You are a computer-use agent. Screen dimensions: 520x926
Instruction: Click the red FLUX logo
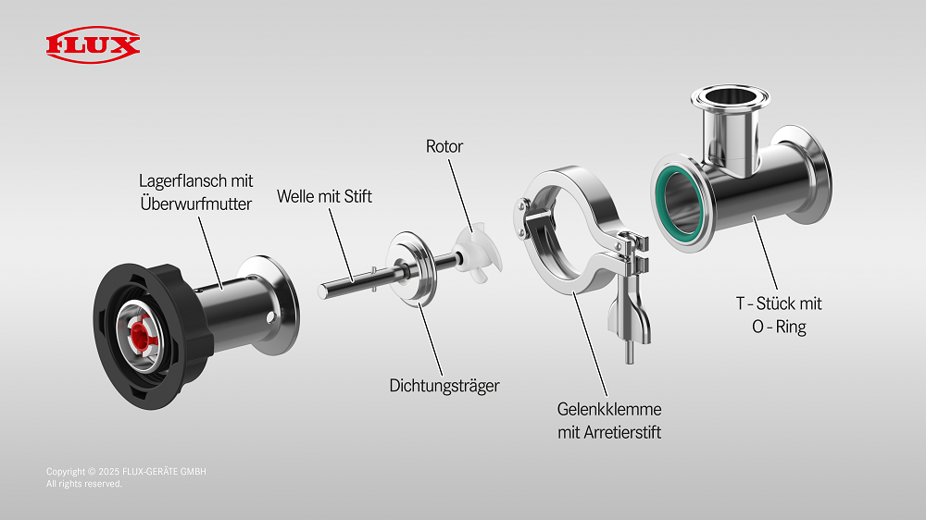pos(93,44)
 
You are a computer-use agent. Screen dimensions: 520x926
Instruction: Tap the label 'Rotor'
pos(444,146)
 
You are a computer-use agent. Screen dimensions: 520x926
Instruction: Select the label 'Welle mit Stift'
pos(324,196)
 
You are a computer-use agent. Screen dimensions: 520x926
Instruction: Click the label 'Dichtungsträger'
pos(444,385)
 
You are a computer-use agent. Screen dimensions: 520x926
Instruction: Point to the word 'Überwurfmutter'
pos(195,203)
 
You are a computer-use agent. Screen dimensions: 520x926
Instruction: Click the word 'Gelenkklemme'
pos(609,408)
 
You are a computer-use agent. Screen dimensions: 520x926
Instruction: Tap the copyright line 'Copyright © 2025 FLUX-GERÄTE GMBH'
pos(126,472)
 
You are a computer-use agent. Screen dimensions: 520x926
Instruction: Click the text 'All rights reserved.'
pos(84,484)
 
